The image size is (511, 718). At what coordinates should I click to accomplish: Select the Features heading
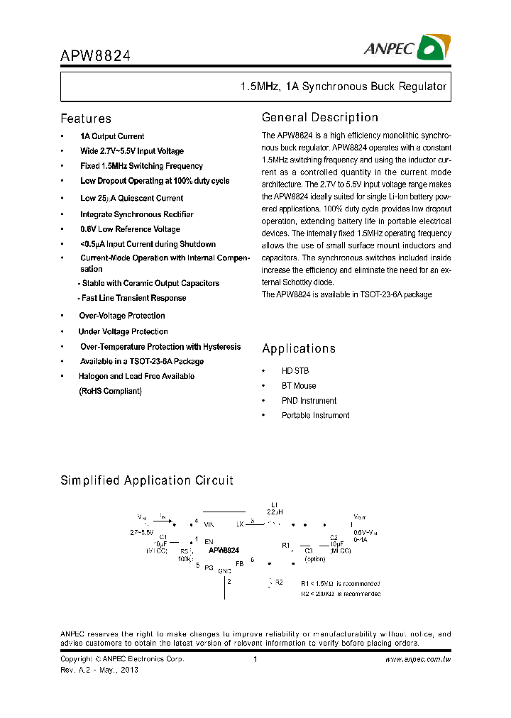tap(86, 118)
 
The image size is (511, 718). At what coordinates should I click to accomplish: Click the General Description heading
tap(320, 117)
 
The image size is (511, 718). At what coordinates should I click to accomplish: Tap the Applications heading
tap(299, 348)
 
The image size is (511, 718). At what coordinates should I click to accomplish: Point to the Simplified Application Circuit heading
tap(147, 480)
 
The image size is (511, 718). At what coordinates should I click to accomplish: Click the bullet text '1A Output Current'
tap(112, 136)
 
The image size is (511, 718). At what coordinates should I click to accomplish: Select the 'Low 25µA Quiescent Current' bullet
tap(131, 199)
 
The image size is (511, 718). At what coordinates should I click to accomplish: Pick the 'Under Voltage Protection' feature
tap(123, 331)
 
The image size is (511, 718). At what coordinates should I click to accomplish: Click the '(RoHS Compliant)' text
tap(110, 391)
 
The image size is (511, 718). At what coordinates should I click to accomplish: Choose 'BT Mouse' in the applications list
tap(299, 386)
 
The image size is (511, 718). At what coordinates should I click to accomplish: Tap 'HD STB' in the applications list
tap(295, 371)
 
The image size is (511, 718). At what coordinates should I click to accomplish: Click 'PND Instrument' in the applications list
tap(309, 401)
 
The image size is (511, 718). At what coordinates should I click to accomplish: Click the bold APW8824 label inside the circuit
tap(224, 550)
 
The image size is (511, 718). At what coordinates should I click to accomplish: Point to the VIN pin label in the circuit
tap(209, 524)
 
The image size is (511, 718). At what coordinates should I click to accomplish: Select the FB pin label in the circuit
tap(240, 563)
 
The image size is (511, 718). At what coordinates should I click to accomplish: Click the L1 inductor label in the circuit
tap(275, 504)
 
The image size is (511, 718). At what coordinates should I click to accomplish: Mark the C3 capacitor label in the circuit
tap(308, 550)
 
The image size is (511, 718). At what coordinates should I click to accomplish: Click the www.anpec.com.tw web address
tap(418, 659)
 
